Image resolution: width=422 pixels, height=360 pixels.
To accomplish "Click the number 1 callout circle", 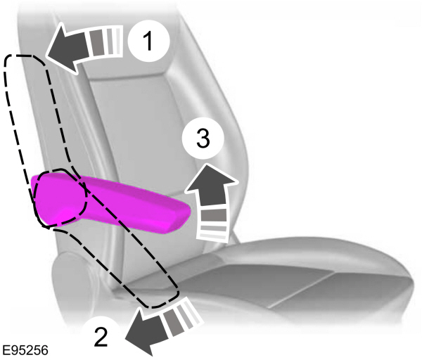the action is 148,41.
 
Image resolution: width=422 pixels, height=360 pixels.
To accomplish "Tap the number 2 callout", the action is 101,336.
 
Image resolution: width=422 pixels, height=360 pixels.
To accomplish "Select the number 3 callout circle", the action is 203,139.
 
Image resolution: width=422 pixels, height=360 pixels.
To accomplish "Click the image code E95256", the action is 25,350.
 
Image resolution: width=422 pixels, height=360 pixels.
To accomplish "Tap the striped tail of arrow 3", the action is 213,223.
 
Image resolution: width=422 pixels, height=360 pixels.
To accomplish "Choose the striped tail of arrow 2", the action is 181,314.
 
